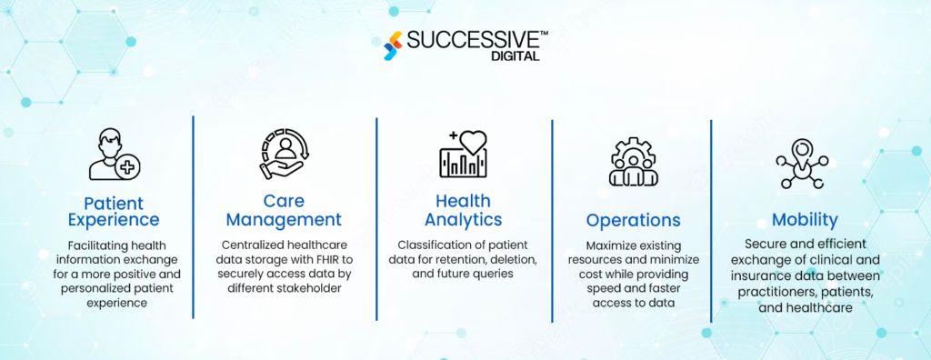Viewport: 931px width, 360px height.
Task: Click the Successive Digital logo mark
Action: click(x=394, y=45)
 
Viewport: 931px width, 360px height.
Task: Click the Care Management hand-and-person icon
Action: click(x=284, y=154)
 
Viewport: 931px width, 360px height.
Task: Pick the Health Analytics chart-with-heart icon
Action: click(x=463, y=154)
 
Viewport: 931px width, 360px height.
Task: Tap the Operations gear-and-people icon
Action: click(x=633, y=162)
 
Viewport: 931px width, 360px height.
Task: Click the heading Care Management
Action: click(x=284, y=210)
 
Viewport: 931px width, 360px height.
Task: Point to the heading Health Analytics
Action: click(x=463, y=210)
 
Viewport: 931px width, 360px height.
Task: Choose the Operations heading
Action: click(x=633, y=220)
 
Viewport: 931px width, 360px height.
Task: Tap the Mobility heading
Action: click(x=805, y=219)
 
